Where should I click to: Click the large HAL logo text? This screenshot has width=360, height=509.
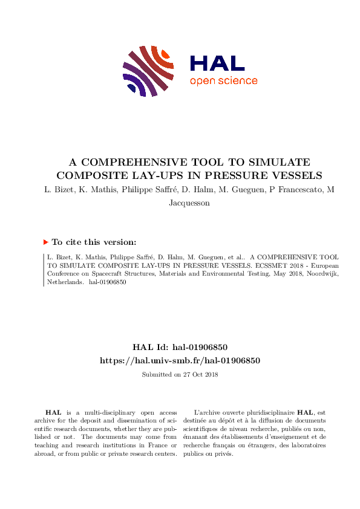(x=217, y=63)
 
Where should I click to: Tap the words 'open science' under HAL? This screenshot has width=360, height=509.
(x=223, y=81)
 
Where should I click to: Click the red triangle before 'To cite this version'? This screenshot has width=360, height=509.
(x=45, y=242)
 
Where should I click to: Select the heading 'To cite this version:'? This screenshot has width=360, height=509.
(x=94, y=242)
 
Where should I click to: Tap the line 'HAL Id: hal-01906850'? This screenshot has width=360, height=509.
(x=180, y=348)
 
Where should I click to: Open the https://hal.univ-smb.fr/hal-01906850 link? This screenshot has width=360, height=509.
(x=180, y=360)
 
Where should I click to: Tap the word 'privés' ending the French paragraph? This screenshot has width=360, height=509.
(x=223, y=453)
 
